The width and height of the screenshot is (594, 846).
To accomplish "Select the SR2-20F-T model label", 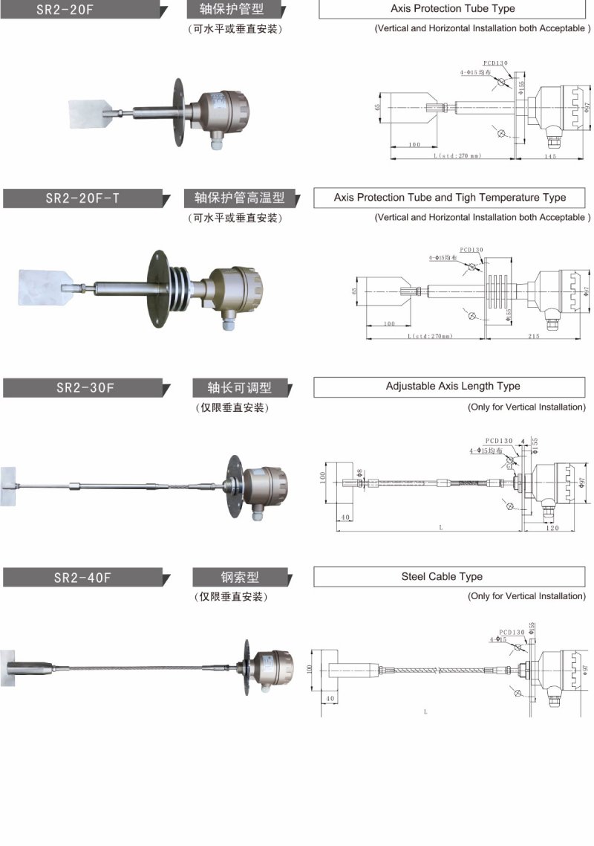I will pyautogui.click(x=82, y=198).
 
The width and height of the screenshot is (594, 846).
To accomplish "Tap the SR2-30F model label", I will pyautogui.click(x=82, y=387).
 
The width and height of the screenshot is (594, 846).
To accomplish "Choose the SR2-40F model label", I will pyautogui.click(x=82, y=577).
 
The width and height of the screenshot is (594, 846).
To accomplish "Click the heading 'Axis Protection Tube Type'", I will pyautogui.click(x=452, y=9).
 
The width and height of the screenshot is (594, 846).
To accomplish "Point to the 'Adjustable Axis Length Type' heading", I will pyautogui.click(x=452, y=387).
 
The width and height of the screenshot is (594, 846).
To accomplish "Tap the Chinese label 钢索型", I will pyautogui.click(x=241, y=577).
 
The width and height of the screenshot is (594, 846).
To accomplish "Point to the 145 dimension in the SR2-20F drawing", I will pyautogui.click(x=550, y=157).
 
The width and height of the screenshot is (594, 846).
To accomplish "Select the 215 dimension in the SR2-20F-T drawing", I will pyautogui.click(x=534, y=337).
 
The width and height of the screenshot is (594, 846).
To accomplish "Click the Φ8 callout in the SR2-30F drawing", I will pyautogui.click(x=360, y=473).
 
